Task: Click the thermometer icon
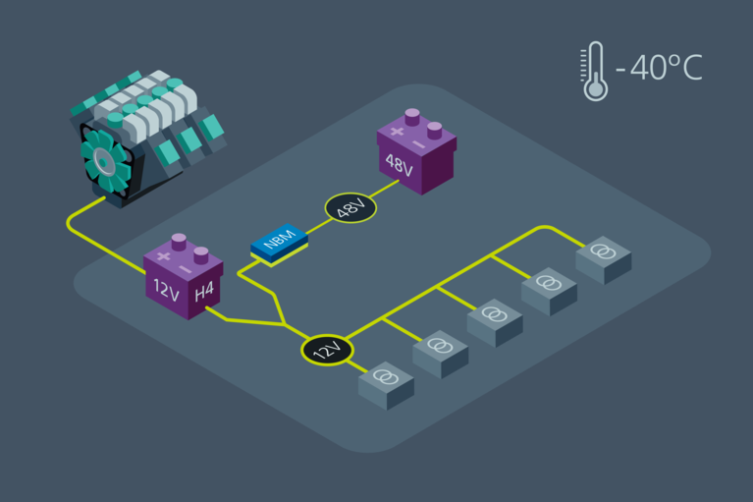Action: [x=594, y=72]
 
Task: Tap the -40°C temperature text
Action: [x=659, y=70]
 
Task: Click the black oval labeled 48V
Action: [x=350, y=207]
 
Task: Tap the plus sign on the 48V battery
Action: [x=397, y=131]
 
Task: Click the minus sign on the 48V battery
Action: [x=420, y=143]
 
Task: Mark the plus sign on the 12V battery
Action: [x=163, y=256]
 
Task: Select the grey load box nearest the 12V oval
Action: [x=386, y=383]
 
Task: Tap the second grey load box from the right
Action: [x=549, y=289]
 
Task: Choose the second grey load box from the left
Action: [x=440, y=352]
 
